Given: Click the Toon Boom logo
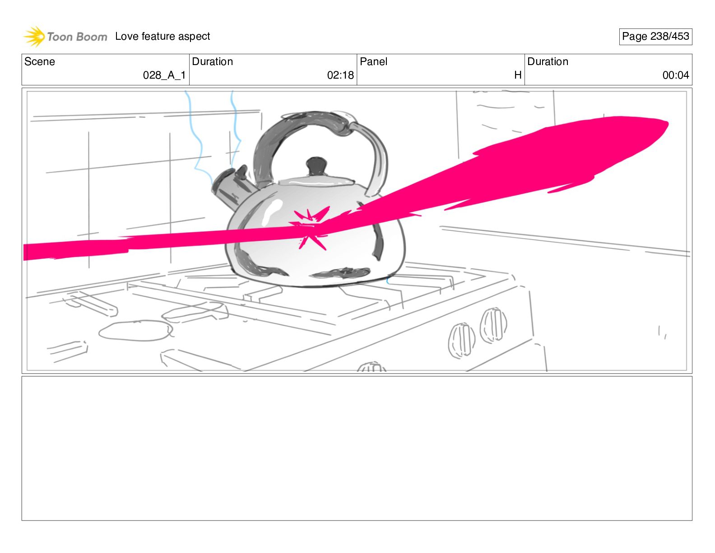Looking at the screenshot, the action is pos(65,37).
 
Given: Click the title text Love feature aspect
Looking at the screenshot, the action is pos(162,37).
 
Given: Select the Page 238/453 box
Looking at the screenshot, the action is pos(655,37).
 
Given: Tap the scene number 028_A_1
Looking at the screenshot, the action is pos(164,75).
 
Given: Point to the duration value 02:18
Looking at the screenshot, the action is pos(340,75).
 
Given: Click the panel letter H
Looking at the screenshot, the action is pos(518,75).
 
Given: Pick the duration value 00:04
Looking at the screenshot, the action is pos(675,75).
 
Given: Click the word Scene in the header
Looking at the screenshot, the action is pos(40,62).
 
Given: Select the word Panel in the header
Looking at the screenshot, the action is pos(373,62).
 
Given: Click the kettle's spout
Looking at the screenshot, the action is pos(228,185).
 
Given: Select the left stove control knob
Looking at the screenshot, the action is pos(461,340).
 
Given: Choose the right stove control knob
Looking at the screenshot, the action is pos(493,324).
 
